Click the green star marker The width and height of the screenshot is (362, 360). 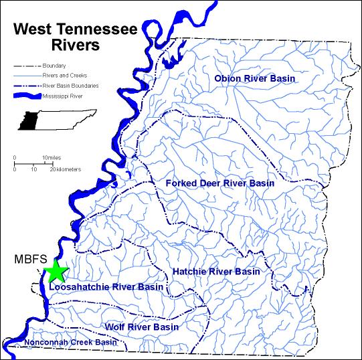56,271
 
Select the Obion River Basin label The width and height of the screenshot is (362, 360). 254,80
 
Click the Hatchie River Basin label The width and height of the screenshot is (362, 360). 215,272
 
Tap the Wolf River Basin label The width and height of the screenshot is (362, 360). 141,327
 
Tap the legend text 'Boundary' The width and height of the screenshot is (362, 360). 54,66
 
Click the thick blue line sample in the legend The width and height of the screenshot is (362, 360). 26,96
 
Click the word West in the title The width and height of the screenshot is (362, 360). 34,29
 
